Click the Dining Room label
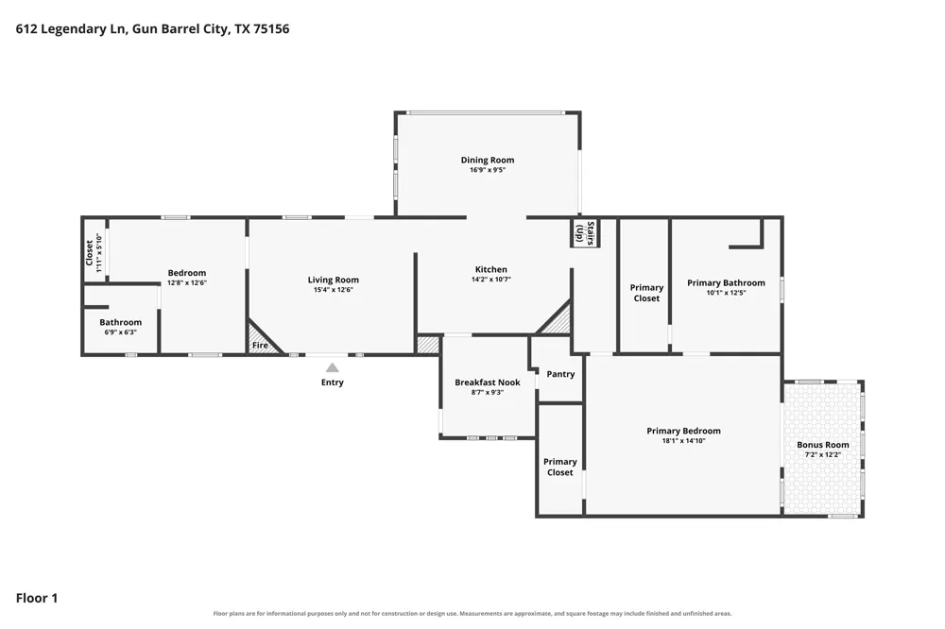click(488, 160)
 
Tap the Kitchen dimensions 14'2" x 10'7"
click(491, 280)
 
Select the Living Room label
click(334, 280)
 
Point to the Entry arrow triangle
click(332, 367)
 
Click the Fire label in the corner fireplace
click(260, 346)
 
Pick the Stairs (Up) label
click(585, 233)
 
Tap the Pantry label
click(560, 374)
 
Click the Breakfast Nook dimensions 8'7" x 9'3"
click(488, 392)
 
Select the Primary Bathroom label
click(726, 282)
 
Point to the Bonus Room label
click(823, 445)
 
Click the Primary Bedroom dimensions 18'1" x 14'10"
click(683, 440)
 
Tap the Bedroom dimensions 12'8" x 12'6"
click(187, 282)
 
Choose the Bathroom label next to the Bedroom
click(121, 322)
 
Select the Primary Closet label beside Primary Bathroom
click(646, 293)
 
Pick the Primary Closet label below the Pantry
click(559, 467)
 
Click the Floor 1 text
click(37, 598)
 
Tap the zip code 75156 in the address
click(271, 29)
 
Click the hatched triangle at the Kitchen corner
click(555, 319)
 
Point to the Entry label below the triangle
click(332, 382)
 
